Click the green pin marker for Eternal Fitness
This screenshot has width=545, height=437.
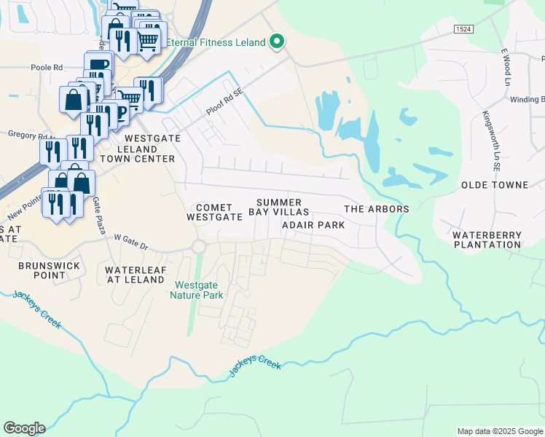coord(276,42)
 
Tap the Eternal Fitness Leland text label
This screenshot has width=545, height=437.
coord(216,42)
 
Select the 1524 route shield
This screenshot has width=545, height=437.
coord(462,28)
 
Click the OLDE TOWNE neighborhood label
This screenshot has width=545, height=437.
coord(490,186)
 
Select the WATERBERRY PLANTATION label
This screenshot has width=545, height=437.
coord(487,240)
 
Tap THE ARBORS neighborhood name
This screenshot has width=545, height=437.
coord(376,209)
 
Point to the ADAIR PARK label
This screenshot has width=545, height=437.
coord(313,225)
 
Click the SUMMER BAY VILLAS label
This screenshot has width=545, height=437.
coord(279,207)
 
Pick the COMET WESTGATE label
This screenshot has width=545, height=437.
coord(214,212)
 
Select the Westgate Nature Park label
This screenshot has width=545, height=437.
coord(197,290)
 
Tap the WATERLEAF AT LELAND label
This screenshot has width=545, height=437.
coord(135,275)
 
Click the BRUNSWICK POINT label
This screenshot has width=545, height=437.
coord(50,271)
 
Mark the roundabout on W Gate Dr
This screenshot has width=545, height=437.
coord(198,247)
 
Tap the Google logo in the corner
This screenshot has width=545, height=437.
coord(24,428)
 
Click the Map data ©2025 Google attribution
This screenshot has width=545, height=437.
coord(499,431)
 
